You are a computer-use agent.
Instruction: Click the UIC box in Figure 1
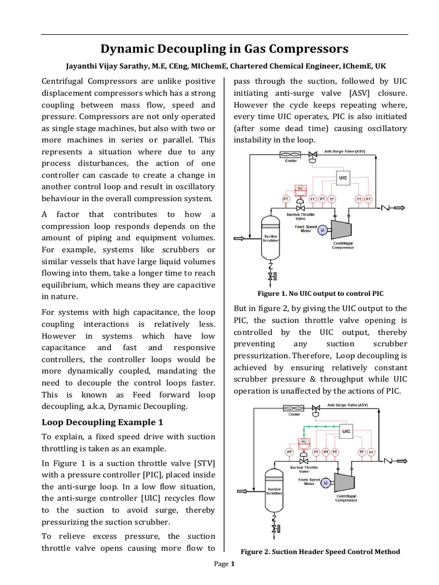point(342,178)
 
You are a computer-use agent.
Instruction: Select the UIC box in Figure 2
point(346,431)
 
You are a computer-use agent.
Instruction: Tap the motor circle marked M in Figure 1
point(321,230)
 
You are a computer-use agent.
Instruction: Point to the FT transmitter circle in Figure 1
point(313,198)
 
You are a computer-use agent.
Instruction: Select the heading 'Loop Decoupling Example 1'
point(102,422)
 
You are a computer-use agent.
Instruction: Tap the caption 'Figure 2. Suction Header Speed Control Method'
point(320,551)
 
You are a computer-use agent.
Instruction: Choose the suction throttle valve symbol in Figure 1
point(300,208)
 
